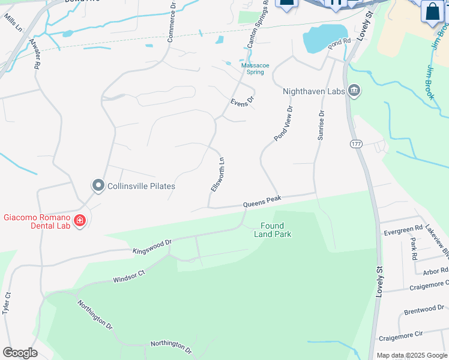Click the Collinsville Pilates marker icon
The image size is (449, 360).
pyautogui.click(x=98, y=186)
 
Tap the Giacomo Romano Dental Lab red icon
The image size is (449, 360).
pyautogui.click(x=80, y=221)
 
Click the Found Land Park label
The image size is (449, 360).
pyautogui.click(x=276, y=230)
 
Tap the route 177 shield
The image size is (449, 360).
pyautogui.click(x=357, y=144)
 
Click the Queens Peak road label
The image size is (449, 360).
pyautogui.click(x=262, y=202)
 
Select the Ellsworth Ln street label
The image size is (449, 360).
pyautogui.click(x=218, y=174)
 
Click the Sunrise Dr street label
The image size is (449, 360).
pyautogui.click(x=321, y=125)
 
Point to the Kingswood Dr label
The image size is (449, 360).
pyautogui.click(x=152, y=246)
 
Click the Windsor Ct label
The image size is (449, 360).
pyautogui.click(x=129, y=276)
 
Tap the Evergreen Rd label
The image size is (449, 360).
pyautogui.click(x=403, y=230)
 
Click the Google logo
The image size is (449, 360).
pyautogui.click(x=20, y=353)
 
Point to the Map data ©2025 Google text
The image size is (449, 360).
pyautogui.click(x=412, y=355)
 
